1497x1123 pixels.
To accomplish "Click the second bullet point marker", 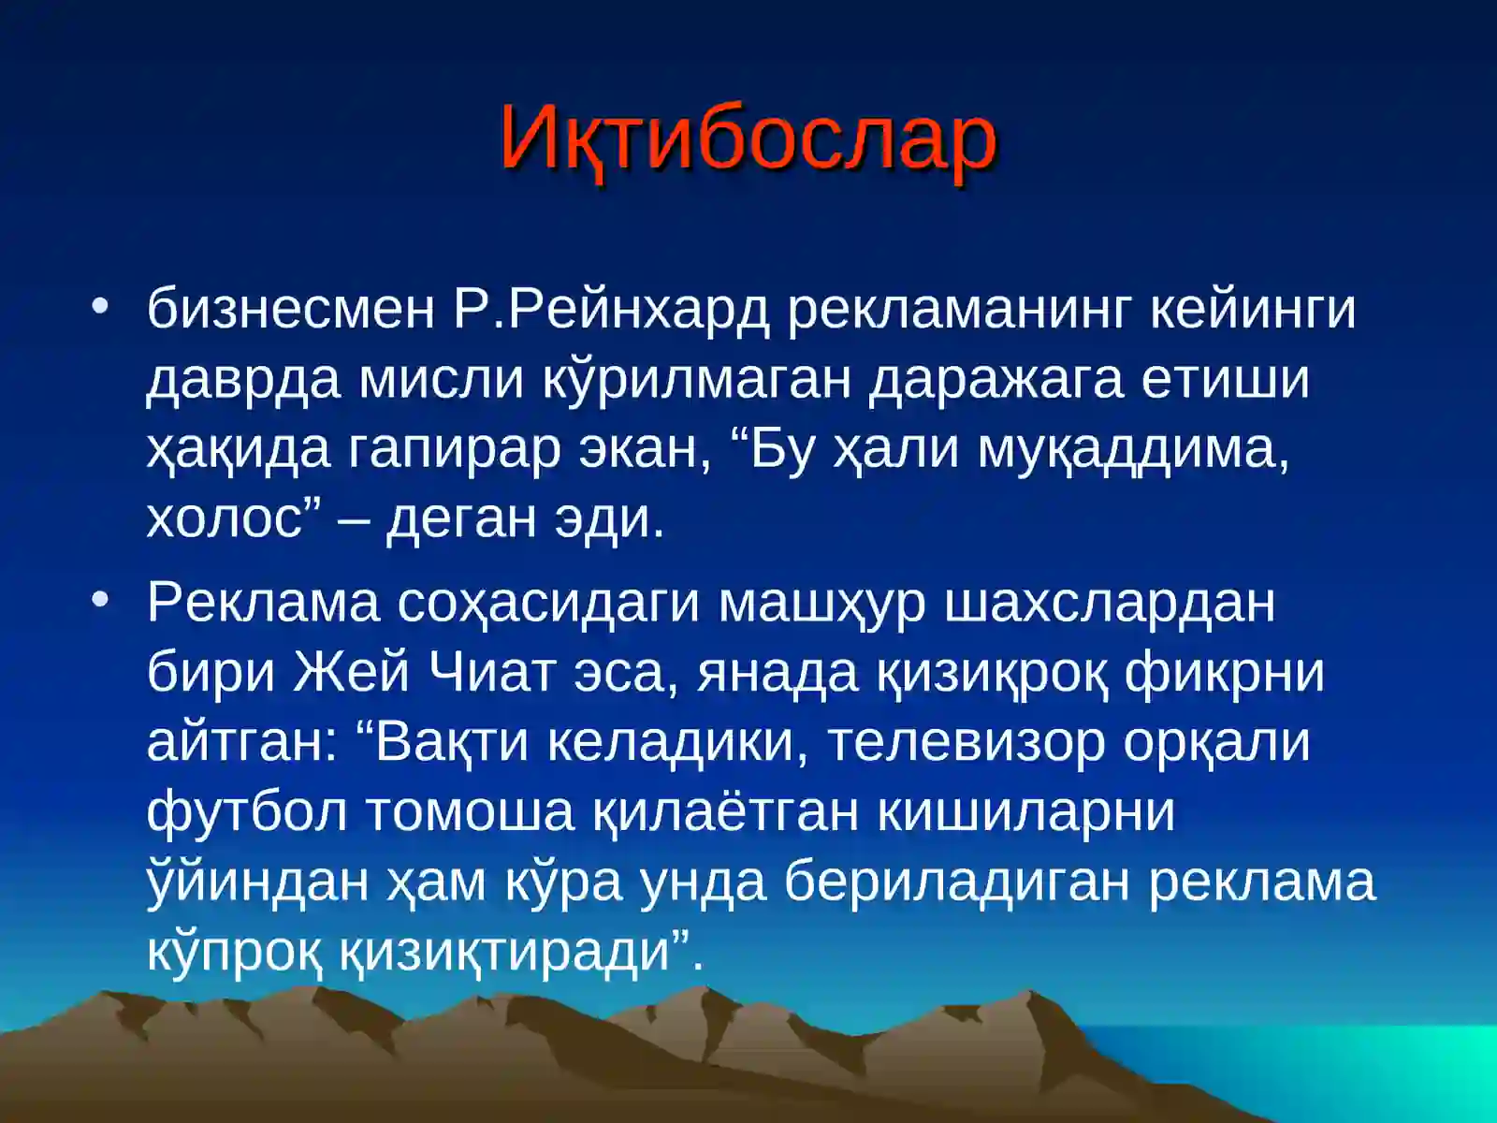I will (101, 599).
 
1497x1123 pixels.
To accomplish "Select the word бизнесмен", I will (290, 309).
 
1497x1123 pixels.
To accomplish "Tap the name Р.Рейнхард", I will (611, 309).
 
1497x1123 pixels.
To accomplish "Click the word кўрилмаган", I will (696, 379).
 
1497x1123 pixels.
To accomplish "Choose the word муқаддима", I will (1133, 449).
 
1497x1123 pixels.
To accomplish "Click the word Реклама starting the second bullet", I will (263, 603).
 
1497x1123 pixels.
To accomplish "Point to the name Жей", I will (352, 672).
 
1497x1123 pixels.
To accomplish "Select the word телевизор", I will (967, 742).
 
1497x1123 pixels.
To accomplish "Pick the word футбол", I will (247, 812).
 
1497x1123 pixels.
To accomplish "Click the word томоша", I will (469, 812).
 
